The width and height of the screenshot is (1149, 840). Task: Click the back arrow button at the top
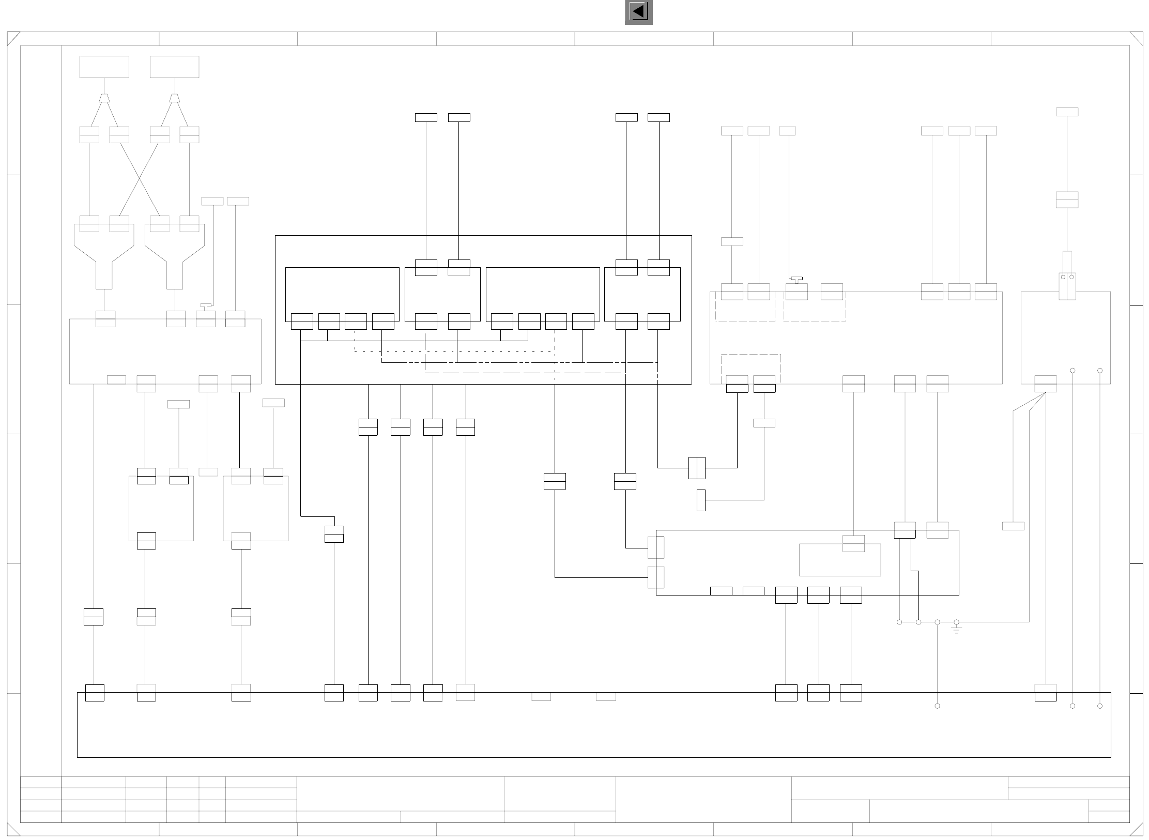(x=638, y=12)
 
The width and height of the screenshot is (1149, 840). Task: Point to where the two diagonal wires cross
(x=140, y=179)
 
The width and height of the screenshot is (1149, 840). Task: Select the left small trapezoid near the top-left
(x=104, y=98)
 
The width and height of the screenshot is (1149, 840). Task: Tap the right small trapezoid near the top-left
(x=175, y=98)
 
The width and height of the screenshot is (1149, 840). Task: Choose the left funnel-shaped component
(x=104, y=256)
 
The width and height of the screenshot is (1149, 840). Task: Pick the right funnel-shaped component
(x=175, y=256)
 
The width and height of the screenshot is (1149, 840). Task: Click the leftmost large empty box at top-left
(x=104, y=67)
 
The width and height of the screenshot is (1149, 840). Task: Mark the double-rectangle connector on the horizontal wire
(x=697, y=468)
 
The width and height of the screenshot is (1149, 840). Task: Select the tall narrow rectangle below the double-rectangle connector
(x=701, y=500)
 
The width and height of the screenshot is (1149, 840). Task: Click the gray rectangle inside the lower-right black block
(x=839, y=560)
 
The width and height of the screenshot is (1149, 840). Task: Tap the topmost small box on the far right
(x=1067, y=112)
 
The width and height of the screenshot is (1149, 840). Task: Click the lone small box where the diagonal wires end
(x=1013, y=526)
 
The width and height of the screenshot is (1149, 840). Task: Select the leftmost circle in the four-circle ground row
(x=899, y=622)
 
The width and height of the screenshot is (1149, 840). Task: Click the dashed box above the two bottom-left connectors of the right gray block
(x=750, y=368)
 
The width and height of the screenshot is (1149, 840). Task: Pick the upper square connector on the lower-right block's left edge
(x=656, y=547)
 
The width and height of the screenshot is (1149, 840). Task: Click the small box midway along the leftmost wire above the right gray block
(x=732, y=241)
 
